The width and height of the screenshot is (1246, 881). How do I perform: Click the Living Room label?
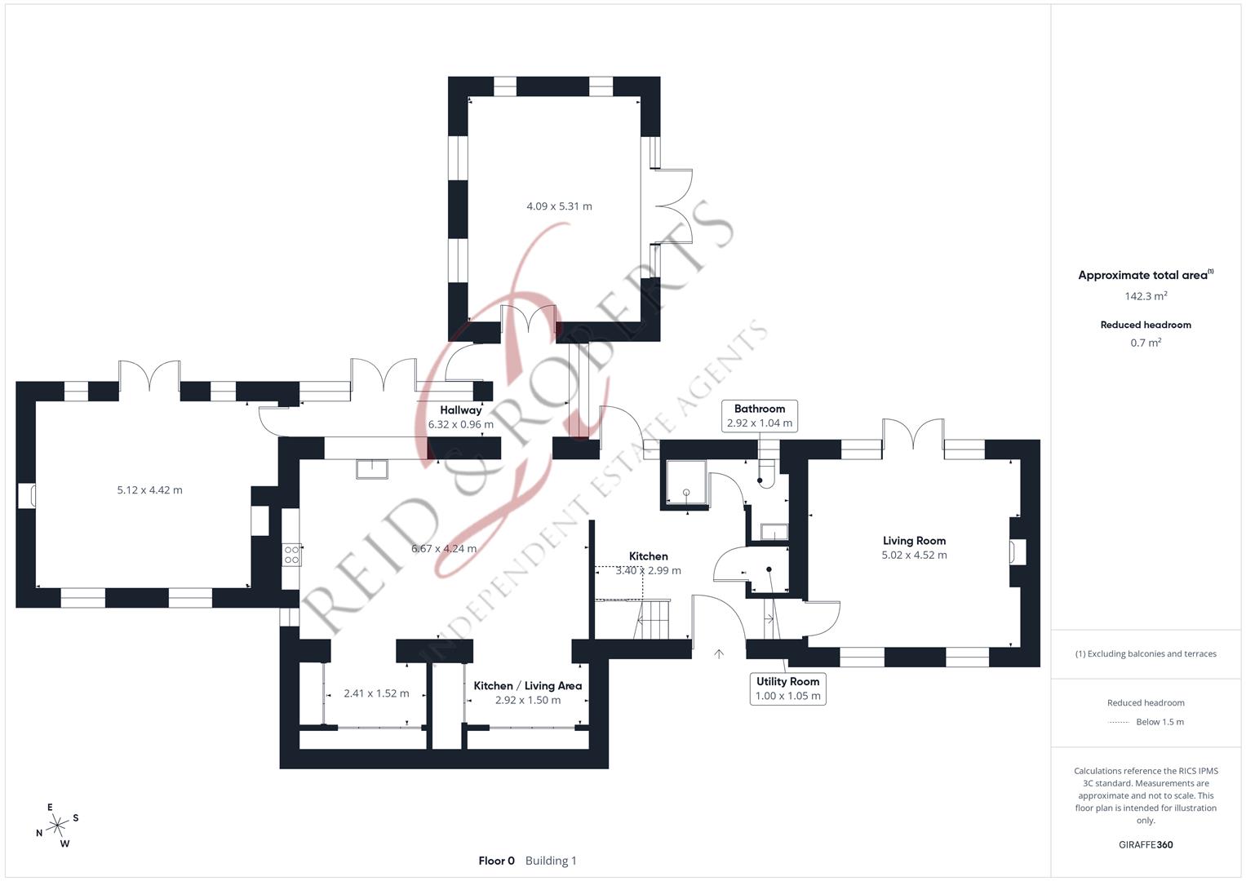click(914, 541)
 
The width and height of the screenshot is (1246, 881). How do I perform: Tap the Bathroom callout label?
click(760, 409)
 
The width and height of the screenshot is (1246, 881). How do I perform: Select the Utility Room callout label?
click(787, 682)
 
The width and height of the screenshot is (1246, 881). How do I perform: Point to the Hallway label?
click(460, 410)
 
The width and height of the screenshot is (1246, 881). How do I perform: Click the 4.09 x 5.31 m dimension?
click(559, 206)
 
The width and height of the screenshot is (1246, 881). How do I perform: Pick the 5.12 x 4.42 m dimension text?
click(149, 490)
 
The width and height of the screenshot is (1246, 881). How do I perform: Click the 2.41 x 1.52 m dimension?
click(376, 693)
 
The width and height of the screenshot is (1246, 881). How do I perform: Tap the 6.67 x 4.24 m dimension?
click(444, 548)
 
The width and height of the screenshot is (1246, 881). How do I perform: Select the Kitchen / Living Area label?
click(527, 686)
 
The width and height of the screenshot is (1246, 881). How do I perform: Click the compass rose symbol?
click(57, 826)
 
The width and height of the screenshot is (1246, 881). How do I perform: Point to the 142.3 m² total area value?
click(1146, 296)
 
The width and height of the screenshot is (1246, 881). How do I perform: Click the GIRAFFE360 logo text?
click(1146, 845)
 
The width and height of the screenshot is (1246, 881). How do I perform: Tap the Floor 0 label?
click(496, 861)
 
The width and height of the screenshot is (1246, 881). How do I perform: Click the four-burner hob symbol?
click(291, 555)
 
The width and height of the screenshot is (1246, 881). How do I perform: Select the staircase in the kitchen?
click(653, 619)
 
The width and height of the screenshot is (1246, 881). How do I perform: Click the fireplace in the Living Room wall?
click(1018, 552)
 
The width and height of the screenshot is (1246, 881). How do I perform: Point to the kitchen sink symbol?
click(372, 469)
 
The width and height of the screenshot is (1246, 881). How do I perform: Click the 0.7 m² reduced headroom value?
click(1146, 343)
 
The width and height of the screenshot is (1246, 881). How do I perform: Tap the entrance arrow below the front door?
click(719, 653)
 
